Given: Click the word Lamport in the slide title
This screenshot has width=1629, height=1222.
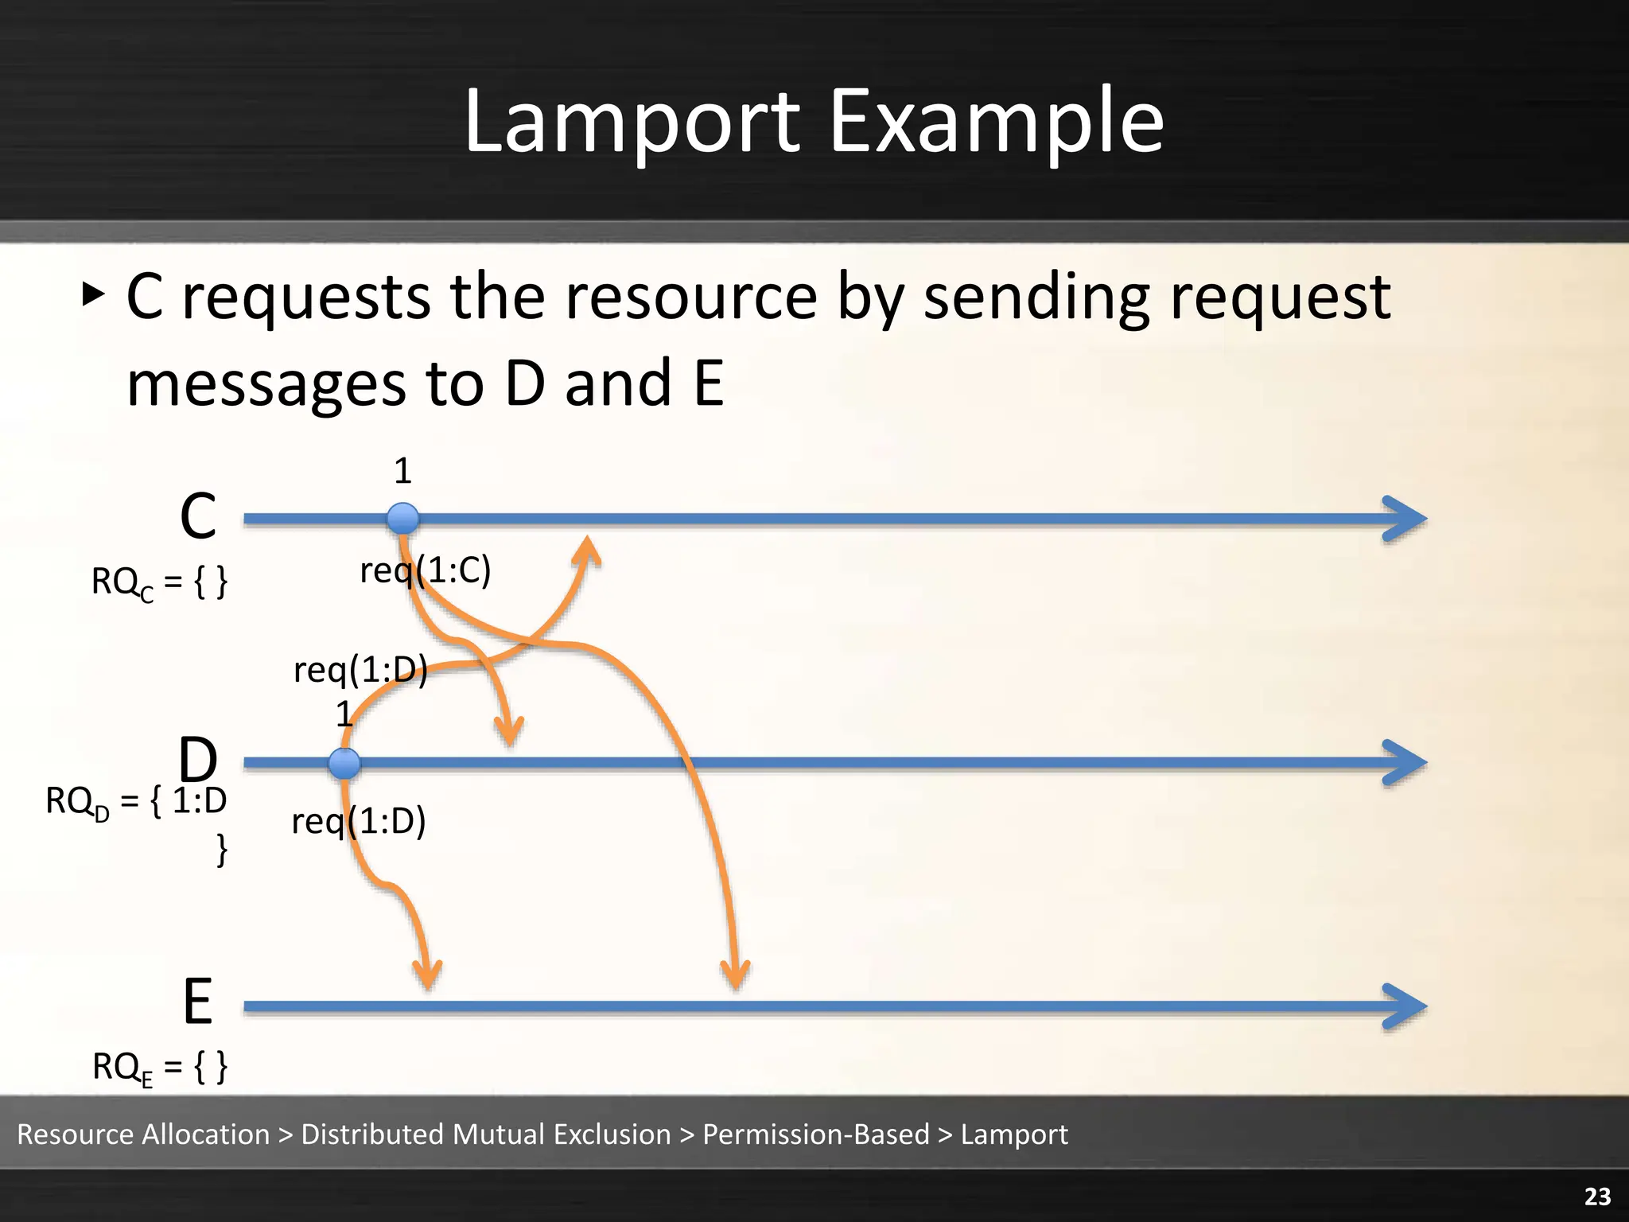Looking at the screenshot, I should [632, 122].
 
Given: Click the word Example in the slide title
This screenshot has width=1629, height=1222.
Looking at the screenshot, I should [996, 122].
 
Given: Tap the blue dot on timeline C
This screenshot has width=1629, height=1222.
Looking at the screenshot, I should [402, 519].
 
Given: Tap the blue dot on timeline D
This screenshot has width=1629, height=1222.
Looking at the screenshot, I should [344, 763].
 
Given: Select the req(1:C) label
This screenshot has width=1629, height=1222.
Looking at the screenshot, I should [426, 570].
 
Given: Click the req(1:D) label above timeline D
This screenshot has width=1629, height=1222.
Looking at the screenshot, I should [360, 669].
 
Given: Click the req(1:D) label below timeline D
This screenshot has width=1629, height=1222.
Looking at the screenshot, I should [359, 821].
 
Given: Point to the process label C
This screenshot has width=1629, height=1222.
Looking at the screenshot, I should [198, 516].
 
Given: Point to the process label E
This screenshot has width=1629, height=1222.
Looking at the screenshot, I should [198, 1002].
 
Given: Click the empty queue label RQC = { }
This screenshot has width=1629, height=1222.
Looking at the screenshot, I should [159, 582].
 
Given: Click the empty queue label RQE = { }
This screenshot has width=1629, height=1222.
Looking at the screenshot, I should [159, 1067].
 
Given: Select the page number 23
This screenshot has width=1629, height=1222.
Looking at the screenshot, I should [1597, 1196].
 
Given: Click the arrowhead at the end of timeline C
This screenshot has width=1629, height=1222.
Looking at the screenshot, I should [1406, 519].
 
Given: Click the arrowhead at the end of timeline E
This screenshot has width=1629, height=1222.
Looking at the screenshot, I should [1406, 1006].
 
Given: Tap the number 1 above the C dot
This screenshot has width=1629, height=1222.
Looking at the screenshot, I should [402, 471].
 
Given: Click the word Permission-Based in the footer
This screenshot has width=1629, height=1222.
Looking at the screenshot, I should [815, 1134].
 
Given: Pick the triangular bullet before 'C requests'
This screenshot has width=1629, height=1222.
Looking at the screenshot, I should [93, 295].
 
